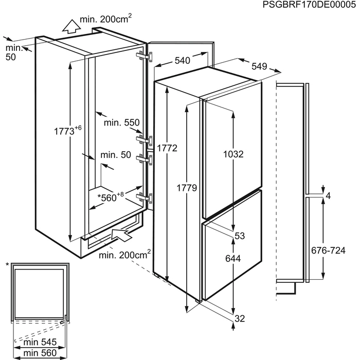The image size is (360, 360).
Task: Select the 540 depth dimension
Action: (182, 61)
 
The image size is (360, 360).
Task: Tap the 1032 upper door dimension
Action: (233, 154)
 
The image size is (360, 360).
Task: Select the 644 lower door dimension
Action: (233, 260)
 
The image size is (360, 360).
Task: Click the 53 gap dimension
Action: (239, 236)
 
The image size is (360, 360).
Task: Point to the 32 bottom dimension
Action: (239, 319)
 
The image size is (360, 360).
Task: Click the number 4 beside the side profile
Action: (327, 195)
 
